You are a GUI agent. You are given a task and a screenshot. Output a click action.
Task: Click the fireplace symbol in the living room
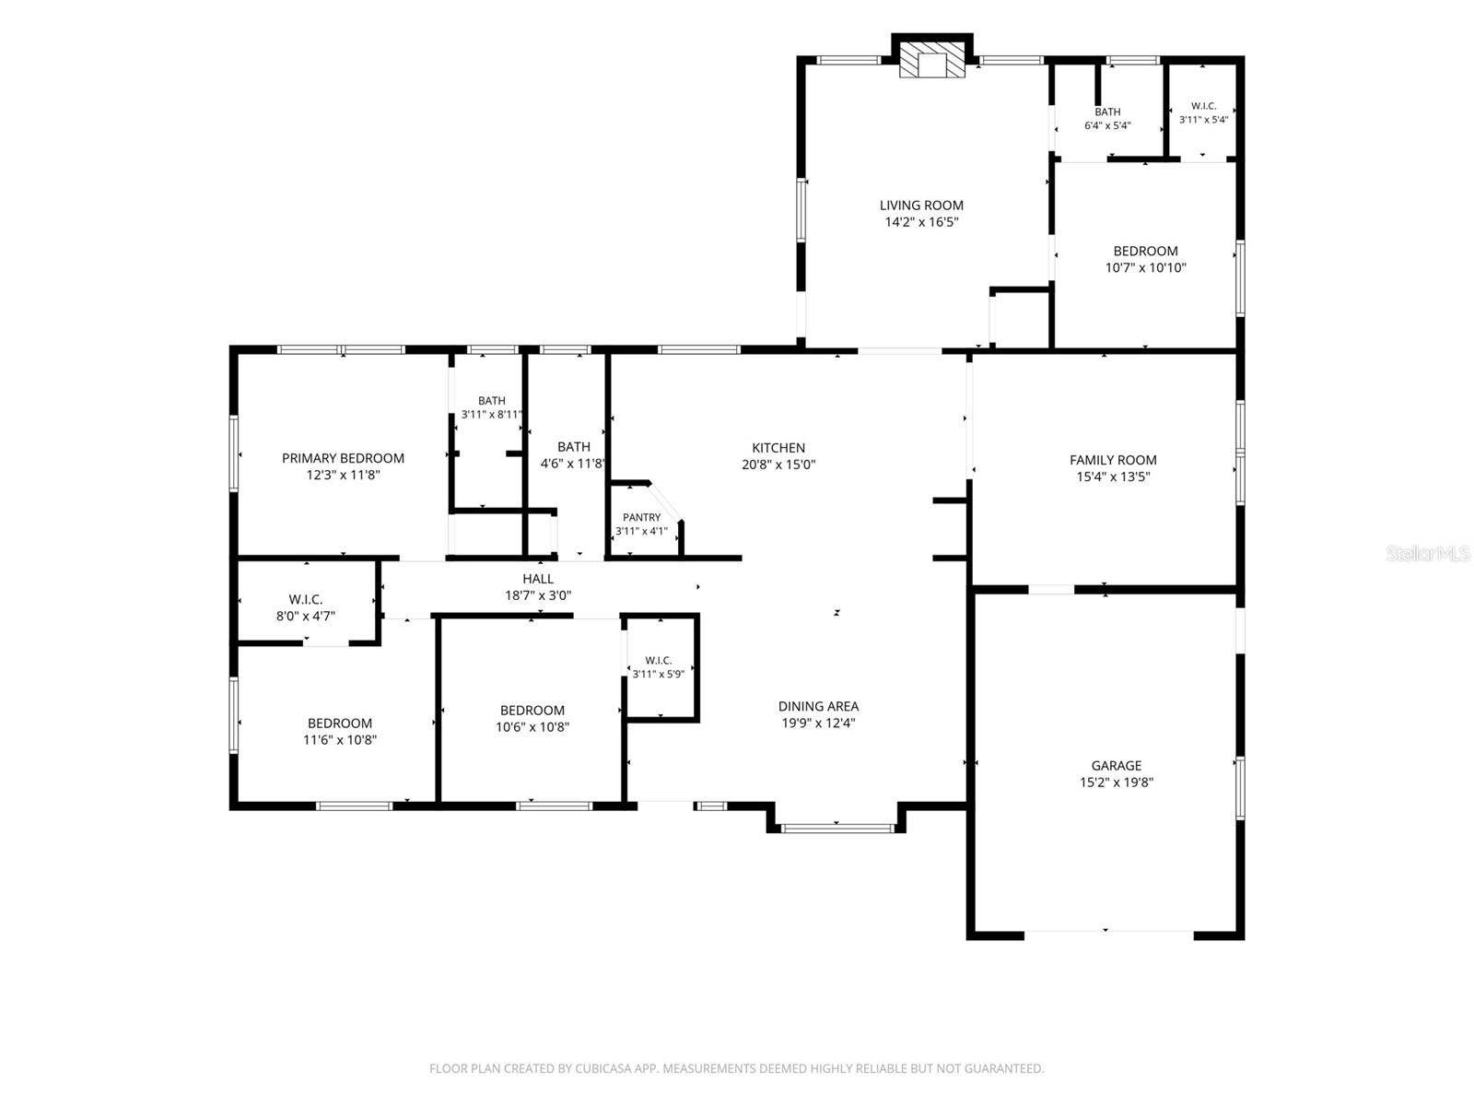pyautogui.click(x=930, y=60)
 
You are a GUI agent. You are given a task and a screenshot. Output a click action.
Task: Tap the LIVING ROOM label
pyautogui.click(x=920, y=206)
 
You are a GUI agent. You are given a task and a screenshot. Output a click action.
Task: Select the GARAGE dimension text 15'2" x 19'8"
pyautogui.click(x=1116, y=782)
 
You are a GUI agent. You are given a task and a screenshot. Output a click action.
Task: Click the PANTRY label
pyautogui.click(x=641, y=517)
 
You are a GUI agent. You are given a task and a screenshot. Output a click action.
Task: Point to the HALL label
pyautogui.click(x=538, y=579)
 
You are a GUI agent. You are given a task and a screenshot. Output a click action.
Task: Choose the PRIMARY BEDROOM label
pyautogui.click(x=343, y=458)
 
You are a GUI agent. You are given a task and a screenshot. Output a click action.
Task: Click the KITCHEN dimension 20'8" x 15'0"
pyautogui.click(x=778, y=464)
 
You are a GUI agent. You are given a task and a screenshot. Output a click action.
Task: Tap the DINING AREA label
pyautogui.click(x=818, y=706)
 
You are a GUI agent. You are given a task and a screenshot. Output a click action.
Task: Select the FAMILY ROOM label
pyautogui.click(x=1113, y=460)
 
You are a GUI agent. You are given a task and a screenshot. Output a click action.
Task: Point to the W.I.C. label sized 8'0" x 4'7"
pyautogui.click(x=306, y=599)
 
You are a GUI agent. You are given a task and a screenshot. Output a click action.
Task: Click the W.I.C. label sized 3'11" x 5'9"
pyautogui.click(x=658, y=661)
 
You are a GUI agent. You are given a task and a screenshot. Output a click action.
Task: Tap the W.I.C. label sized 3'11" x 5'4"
pyautogui.click(x=1203, y=106)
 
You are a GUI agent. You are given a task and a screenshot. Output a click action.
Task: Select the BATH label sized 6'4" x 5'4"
pyautogui.click(x=1107, y=112)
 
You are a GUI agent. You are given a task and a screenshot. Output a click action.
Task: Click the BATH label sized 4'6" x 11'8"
pyautogui.click(x=574, y=447)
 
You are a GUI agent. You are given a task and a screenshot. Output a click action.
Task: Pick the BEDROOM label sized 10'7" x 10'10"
pyautogui.click(x=1145, y=251)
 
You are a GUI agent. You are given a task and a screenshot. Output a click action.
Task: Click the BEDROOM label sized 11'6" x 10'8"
pyautogui.click(x=340, y=724)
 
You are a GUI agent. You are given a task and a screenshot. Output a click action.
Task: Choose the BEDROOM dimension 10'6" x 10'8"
pyautogui.click(x=532, y=726)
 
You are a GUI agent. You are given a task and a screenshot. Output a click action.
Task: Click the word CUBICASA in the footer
pyautogui.click(x=599, y=1068)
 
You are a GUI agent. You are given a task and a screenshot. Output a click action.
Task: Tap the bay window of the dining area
pyautogui.click(x=836, y=829)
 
